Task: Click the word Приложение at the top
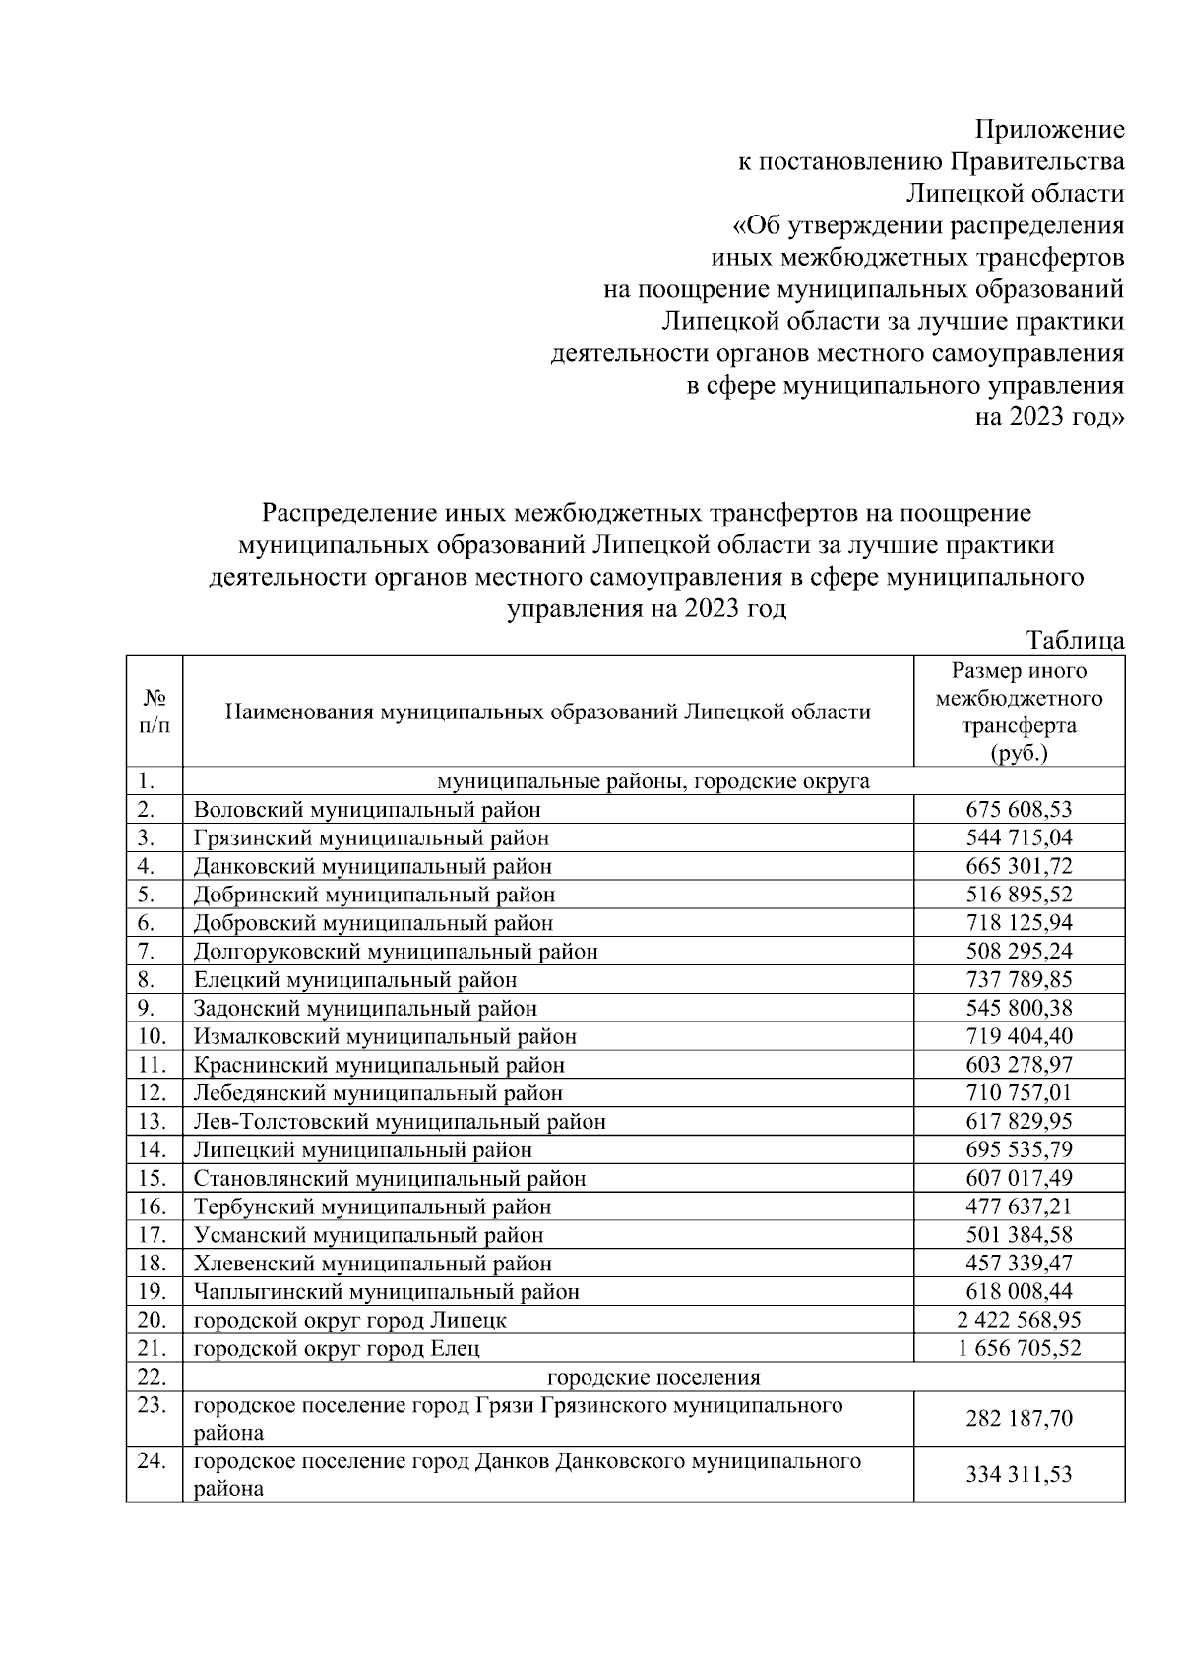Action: point(1049,130)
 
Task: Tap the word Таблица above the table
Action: point(1075,641)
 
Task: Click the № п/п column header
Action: point(155,711)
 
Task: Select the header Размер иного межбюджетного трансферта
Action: point(1019,711)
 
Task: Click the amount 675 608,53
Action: point(1019,810)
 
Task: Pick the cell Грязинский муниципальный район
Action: point(371,838)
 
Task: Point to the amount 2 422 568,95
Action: point(1019,1320)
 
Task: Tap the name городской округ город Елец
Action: point(337,1348)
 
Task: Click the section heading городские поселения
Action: point(653,1377)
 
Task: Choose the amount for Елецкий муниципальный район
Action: point(1019,980)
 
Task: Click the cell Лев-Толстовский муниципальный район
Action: point(400,1121)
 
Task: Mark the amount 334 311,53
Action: point(1019,1474)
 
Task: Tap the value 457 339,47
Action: point(1019,1263)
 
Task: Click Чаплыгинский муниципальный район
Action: point(386,1291)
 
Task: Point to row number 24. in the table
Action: point(152,1461)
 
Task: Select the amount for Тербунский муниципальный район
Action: point(1019,1206)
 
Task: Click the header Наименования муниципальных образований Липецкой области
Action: point(548,711)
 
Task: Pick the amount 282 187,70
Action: point(1019,1418)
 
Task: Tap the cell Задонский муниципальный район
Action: point(365,1009)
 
